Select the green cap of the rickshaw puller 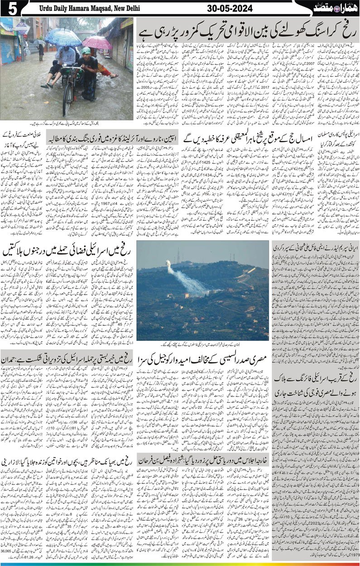coord(86,50)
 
